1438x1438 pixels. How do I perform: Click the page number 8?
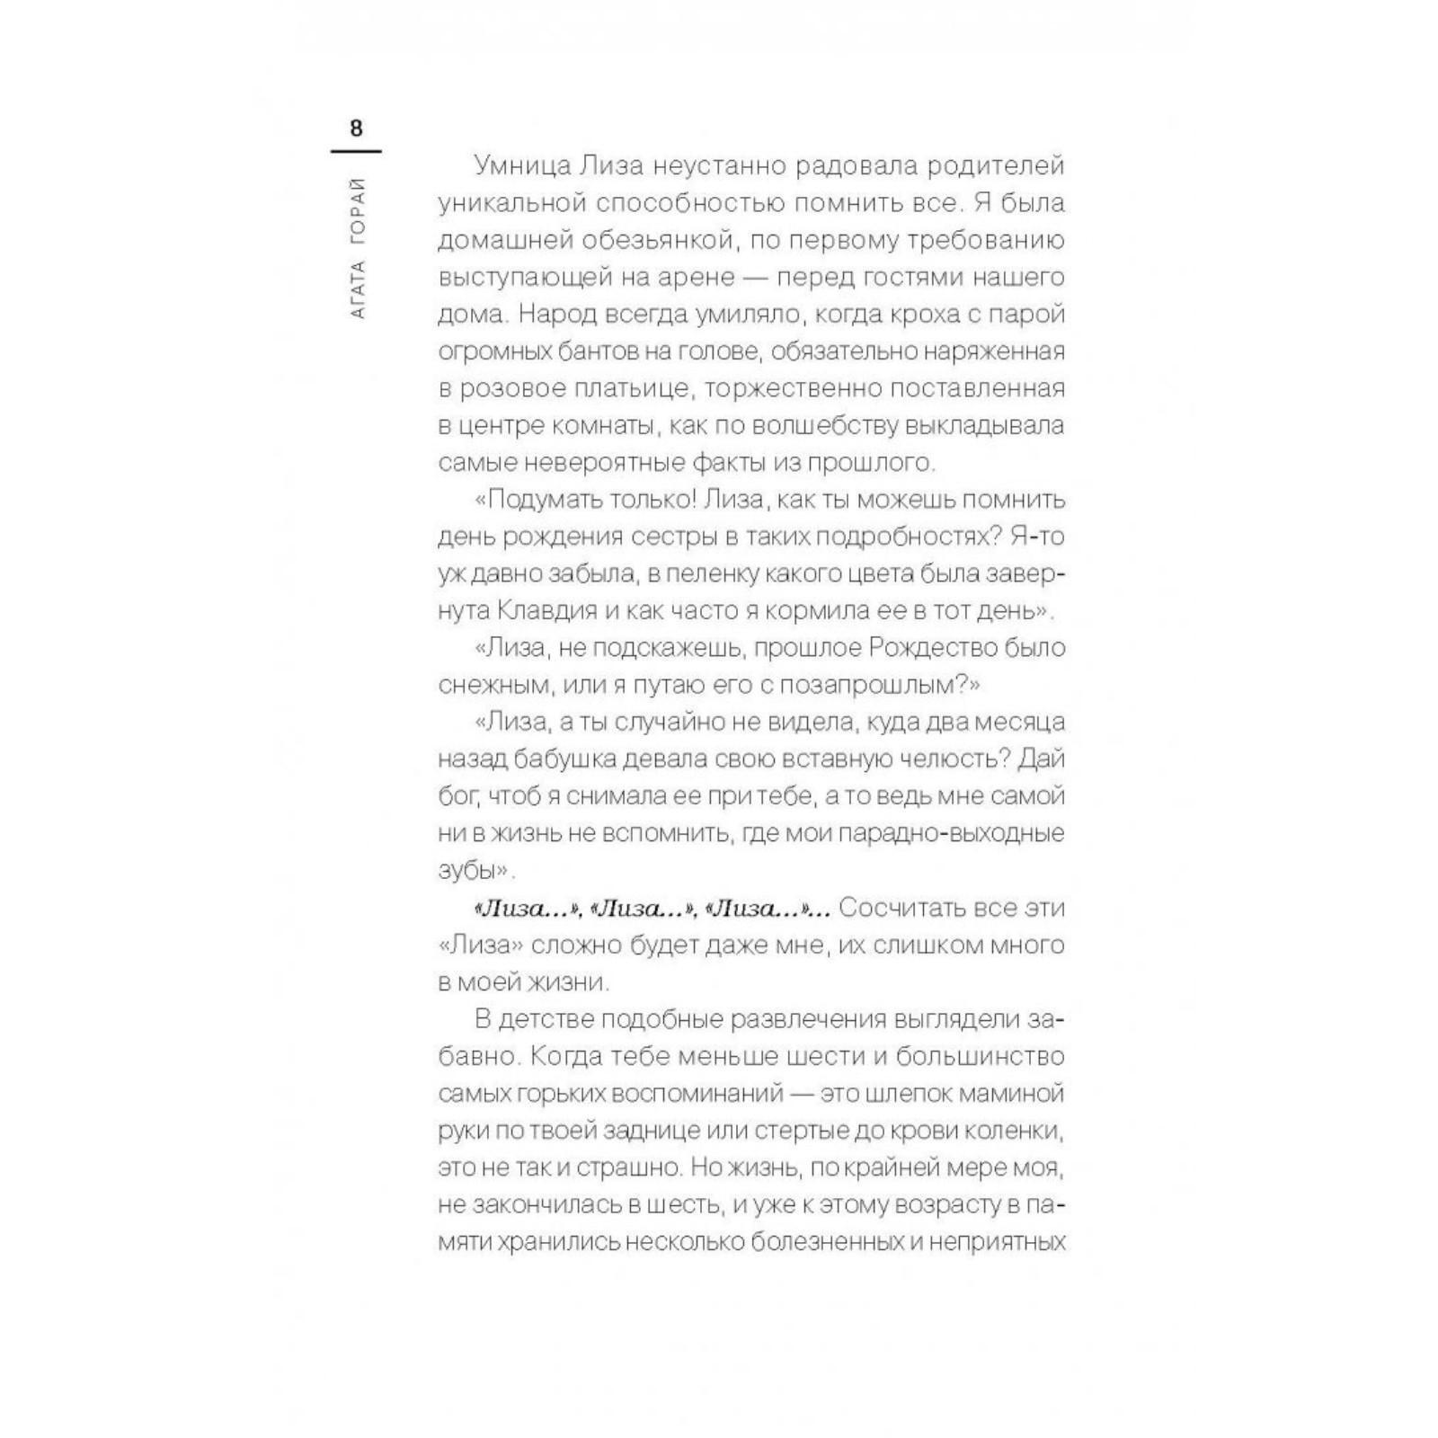pos(356,129)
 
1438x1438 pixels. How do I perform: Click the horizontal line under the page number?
pos(356,151)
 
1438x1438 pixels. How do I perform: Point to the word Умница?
pos(517,166)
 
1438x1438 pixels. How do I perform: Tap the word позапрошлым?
pos(869,685)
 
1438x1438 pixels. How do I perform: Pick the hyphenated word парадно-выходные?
pos(952,833)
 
